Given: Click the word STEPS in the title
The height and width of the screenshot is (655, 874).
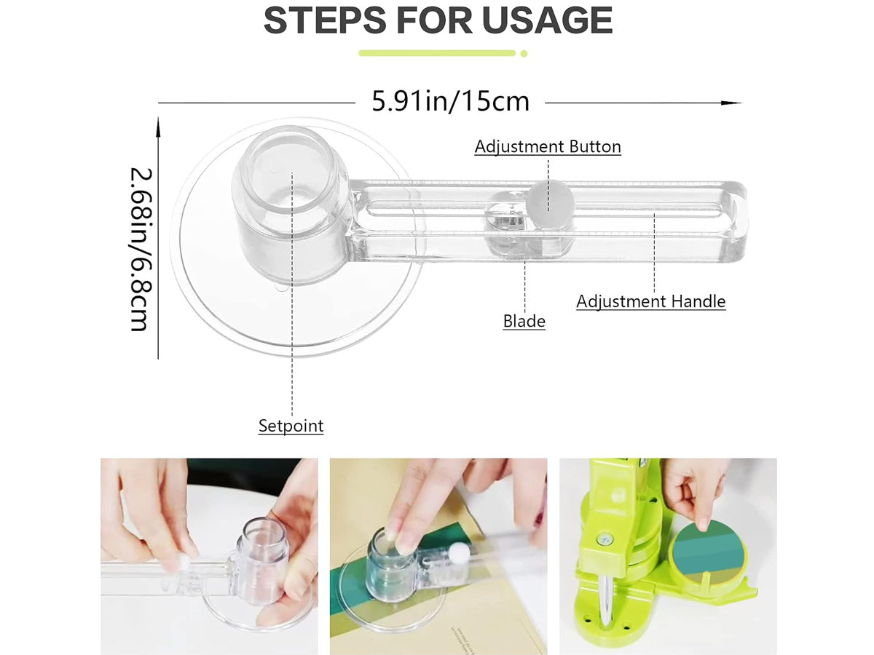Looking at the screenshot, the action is point(325,20).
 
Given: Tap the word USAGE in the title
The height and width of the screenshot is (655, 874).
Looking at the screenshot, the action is point(547,20).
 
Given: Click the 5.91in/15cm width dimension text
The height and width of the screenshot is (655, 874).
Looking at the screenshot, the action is point(450,101).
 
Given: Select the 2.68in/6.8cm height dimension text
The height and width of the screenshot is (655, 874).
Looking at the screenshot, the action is point(141,250).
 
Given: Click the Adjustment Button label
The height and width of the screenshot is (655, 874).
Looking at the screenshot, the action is point(548,146).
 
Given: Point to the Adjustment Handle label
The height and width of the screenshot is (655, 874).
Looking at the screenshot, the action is point(650,301).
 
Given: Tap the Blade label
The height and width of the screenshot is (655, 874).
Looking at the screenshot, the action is point(524,321).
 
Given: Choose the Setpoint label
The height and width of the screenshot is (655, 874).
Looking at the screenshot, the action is point(291,426).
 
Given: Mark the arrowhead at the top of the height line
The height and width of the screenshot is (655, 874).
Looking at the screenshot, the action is point(159,127).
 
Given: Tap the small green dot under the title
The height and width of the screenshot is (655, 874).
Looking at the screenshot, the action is point(524,53).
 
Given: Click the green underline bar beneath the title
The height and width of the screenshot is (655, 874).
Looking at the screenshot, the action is point(437,53).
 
